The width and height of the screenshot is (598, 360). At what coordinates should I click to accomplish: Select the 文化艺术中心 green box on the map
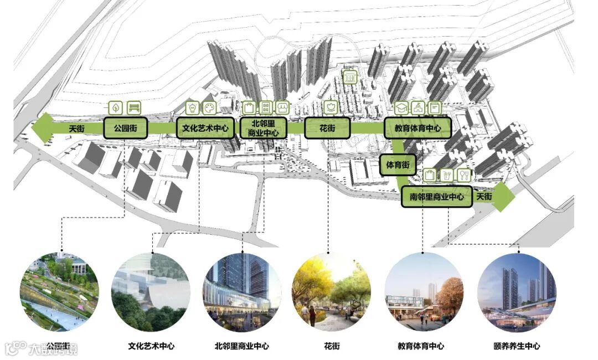pos(205,128)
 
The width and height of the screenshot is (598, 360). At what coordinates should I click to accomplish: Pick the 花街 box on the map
pos(327,128)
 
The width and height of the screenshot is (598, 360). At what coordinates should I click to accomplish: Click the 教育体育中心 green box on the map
pos(418,128)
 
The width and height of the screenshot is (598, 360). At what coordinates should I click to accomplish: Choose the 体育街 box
pos(398,164)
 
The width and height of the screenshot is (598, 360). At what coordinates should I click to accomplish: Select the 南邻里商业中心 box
pos(437,197)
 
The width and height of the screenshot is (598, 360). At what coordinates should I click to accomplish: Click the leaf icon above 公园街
pos(116,107)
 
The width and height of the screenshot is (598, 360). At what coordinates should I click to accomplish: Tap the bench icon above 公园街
pos(134,107)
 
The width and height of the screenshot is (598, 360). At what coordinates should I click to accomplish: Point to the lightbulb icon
pos(192,107)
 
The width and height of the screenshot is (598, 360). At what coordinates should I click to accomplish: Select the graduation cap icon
pos(401,107)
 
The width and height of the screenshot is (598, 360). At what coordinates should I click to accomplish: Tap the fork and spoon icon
pos(464,176)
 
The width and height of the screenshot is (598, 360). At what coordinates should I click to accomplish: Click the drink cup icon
pos(447,176)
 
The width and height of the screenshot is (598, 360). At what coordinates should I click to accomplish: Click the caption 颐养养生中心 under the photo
pos(517,346)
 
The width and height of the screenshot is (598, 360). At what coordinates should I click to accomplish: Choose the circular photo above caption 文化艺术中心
pos(151,292)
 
